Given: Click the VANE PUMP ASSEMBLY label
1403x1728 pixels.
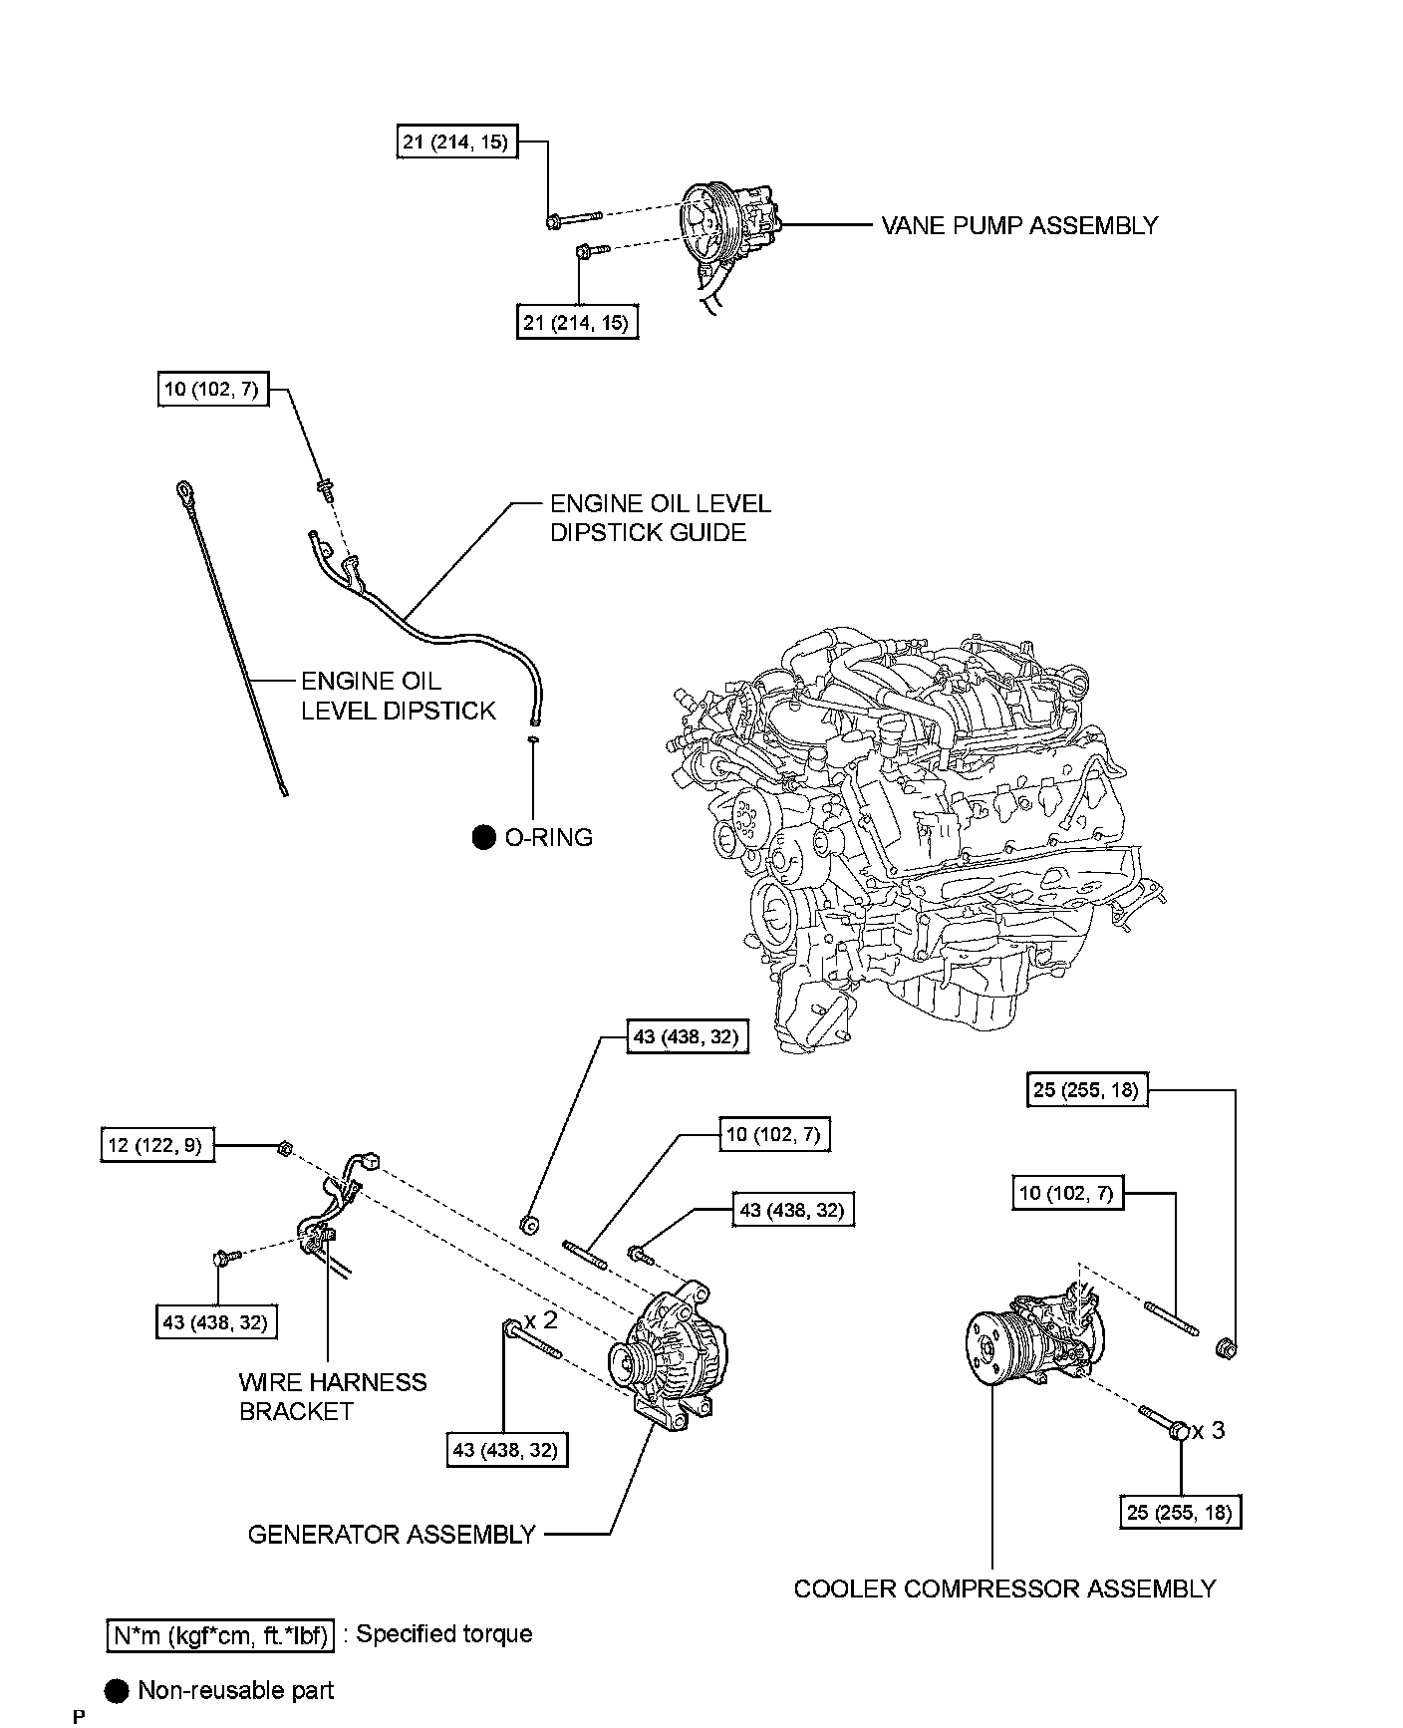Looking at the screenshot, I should click(1019, 225).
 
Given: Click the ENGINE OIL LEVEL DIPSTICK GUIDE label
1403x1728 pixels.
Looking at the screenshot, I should click(660, 518).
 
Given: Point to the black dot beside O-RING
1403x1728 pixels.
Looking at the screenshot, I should click(483, 837).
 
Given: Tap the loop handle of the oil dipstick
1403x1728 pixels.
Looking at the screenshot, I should click(186, 488).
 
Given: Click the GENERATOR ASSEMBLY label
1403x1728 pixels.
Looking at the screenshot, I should click(392, 1534).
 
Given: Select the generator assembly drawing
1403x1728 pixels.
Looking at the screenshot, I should click(668, 1355).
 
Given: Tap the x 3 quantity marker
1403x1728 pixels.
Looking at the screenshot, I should click(1209, 1431).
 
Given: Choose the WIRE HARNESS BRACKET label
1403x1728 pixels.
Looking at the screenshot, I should click(333, 1396).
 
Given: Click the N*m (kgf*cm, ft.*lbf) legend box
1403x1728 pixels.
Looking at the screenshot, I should click(219, 1635).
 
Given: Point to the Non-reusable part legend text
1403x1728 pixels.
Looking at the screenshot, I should click(236, 1690).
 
